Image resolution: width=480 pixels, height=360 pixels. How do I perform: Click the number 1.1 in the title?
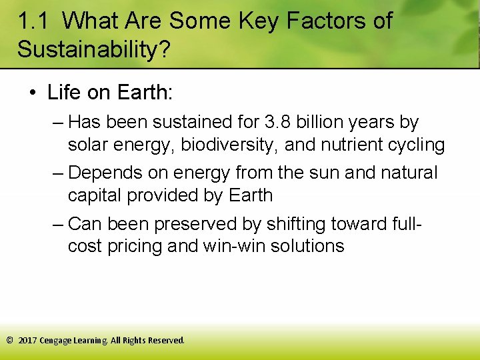coord(34,21)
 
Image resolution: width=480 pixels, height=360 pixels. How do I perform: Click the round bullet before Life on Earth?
coord(33,93)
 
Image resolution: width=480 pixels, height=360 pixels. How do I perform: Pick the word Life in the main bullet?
coord(64,92)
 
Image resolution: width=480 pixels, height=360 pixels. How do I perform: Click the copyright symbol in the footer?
coord(9,341)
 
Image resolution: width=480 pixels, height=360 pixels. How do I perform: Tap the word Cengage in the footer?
coord(58,341)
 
